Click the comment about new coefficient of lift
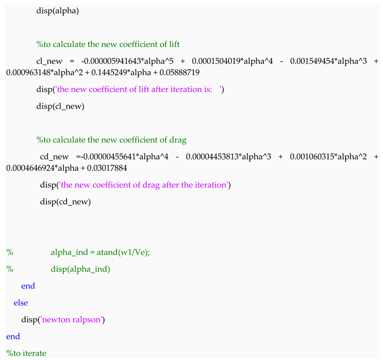point(107,44)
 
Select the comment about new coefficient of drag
point(111,140)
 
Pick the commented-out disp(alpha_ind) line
point(80,269)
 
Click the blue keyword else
point(21,303)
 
